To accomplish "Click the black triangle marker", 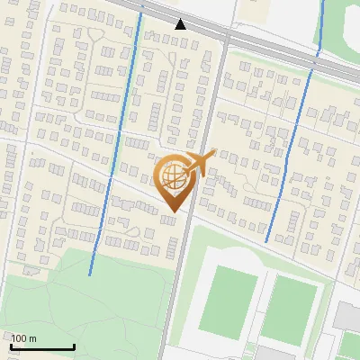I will pyautogui.click(x=181, y=23).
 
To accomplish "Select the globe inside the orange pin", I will pyautogui.click(x=172, y=175).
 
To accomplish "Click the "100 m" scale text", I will pyautogui.click(x=24, y=338).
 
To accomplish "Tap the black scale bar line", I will pyautogui.click(x=42, y=346).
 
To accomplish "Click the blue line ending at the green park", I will pyautogui.click(x=112, y=162).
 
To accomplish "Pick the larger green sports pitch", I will pyautogui.click(x=227, y=298).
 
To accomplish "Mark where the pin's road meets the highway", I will pyautogui.click(x=226, y=37).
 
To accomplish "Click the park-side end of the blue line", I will pyautogui.click(x=91, y=273).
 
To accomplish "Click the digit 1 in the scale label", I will pyautogui.click(x=13, y=338).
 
